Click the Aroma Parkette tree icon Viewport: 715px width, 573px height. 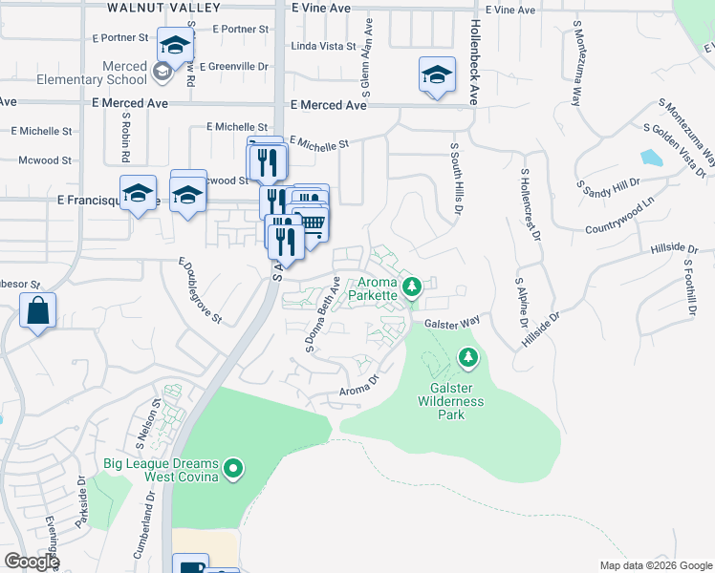[413, 286]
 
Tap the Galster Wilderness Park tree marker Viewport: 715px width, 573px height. [467, 358]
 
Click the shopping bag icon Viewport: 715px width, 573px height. [37, 311]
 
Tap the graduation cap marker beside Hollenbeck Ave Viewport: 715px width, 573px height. [437, 74]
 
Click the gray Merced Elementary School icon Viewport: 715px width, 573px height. [162, 71]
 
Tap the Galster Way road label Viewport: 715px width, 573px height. [452, 324]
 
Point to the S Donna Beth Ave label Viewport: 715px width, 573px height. [323, 314]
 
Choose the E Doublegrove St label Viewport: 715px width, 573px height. [200, 289]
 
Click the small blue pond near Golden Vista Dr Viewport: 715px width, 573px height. [651, 158]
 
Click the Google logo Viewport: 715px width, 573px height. [32, 562]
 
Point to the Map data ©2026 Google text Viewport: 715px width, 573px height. [655, 565]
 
